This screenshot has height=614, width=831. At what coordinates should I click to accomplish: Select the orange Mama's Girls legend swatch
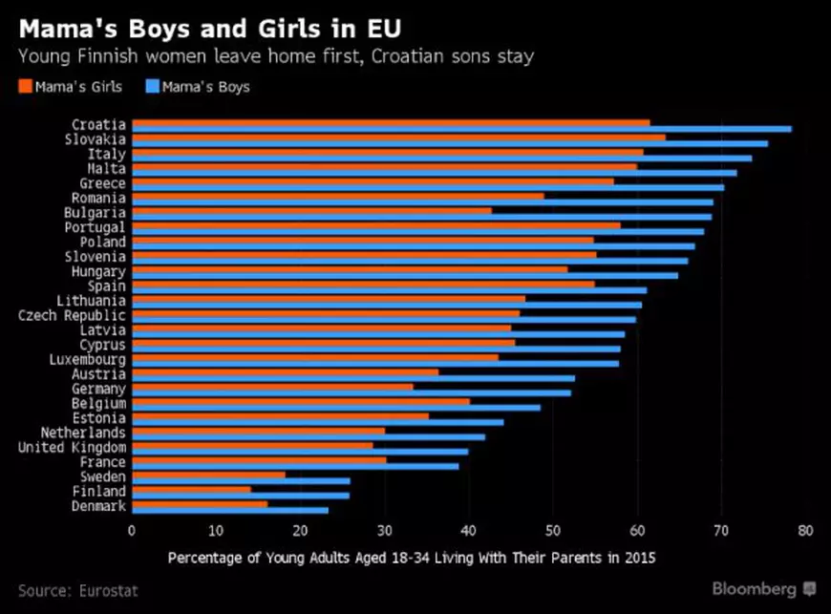pyautogui.click(x=25, y=87)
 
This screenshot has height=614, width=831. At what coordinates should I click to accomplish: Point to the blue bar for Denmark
pyautogui.click(x=229, y=510)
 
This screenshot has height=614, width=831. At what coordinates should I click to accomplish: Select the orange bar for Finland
pyautogui.click(x=191, y=489)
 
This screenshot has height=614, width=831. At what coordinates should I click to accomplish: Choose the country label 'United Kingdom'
pyautogui.click(x=72, y=448)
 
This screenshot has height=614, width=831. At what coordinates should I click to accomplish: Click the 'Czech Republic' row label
pyautogui.click(x=72, y=315)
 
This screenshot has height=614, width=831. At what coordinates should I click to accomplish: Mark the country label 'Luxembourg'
pyautogui.click(x=87, y=360)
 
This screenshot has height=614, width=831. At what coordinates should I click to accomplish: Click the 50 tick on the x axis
pyautogui.click(x=553, y=532)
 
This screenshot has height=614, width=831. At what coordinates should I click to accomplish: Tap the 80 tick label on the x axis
pyautogui.click(x=806, y=532)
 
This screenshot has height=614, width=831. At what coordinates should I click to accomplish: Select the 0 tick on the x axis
pyautogui.click(x=132, y=532)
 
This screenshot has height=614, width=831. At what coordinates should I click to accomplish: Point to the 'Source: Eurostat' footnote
pyautogui.click(x=77, y=591)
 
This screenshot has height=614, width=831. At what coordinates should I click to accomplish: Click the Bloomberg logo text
pyautogui.click(x=755, y=588)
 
